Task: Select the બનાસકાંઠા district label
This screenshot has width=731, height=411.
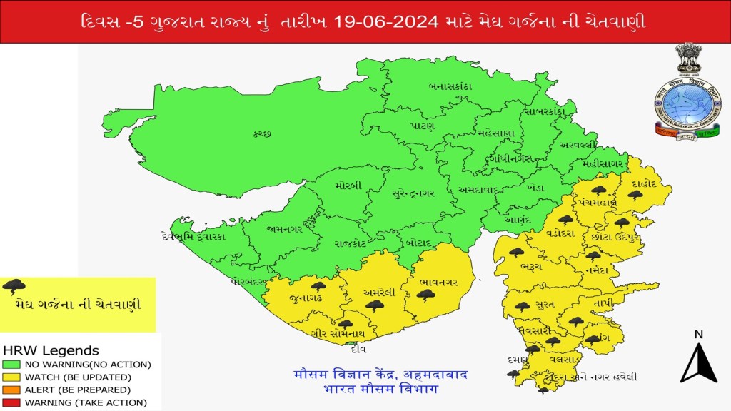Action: click(x=448, y=86)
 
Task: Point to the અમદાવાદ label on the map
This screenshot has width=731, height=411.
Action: click(x=470, y=191)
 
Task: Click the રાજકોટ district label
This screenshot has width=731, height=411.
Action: click(x=350, y=243)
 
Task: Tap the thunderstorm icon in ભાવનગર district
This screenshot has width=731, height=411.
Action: click(x=426, y=294)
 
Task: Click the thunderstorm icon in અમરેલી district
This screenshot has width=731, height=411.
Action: click(x=375, y=305)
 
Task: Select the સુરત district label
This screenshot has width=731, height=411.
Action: click(x=545, y=305)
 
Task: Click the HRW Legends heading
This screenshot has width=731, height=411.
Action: click(x=51, y=351)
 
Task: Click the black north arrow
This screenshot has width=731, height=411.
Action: click(x=698, y=364)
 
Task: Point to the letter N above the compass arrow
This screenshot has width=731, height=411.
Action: click(x=698, y=334)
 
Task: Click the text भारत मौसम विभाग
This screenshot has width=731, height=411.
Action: click(x=381, y=390)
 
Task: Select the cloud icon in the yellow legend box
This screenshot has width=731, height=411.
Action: click(x=14, y=288)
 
